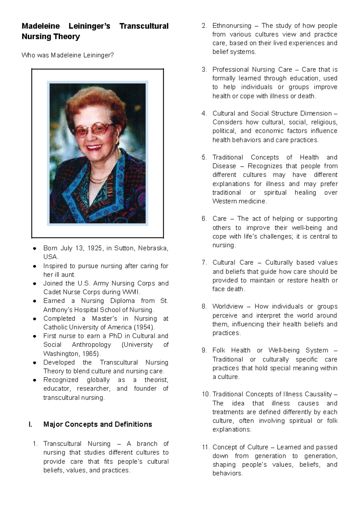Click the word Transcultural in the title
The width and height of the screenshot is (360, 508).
(x=144, y=26)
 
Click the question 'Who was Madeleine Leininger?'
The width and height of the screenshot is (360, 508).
(x=67, y=55)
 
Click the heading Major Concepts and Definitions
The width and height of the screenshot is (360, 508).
(x=97, y=424)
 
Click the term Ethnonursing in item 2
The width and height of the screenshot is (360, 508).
(x=232, y=26)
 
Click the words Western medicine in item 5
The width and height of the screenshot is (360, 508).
(x=239, y=201)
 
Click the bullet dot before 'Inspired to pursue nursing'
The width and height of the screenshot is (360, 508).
(x=35, y=266)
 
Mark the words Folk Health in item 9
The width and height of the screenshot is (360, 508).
(x=231, y=350)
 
